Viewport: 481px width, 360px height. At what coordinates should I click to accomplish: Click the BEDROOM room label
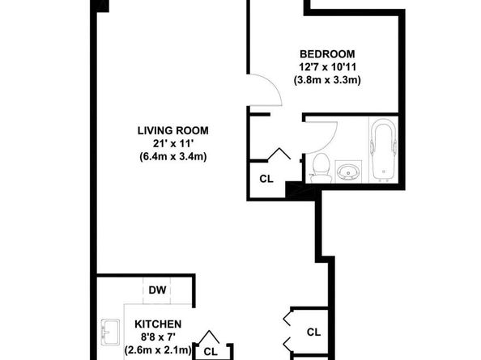(327, 54)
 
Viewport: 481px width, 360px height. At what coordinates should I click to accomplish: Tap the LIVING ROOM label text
(173, 130)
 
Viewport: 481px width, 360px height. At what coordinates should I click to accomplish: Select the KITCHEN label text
(158, 324)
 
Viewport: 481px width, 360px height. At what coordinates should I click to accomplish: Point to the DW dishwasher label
(157, 290)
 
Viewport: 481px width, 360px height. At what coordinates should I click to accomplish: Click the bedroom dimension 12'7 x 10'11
(327, 67)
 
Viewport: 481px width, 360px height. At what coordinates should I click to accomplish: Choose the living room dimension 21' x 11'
(173, 143)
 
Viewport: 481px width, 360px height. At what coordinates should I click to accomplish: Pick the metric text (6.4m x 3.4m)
(173, 157)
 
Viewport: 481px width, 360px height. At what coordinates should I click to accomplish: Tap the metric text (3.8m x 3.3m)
(327, 80)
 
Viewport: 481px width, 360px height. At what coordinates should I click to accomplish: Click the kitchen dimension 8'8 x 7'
(158, 337)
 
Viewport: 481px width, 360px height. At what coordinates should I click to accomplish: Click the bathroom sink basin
(348, 172)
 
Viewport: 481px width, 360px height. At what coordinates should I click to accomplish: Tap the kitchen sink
(110, 332)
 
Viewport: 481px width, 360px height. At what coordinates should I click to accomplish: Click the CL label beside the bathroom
(266, 179)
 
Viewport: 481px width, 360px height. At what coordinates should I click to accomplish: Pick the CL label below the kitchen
(211, 351)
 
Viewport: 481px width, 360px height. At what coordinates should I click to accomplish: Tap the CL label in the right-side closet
(314, 332)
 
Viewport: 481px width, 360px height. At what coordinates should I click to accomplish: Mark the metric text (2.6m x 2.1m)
(158, 350)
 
